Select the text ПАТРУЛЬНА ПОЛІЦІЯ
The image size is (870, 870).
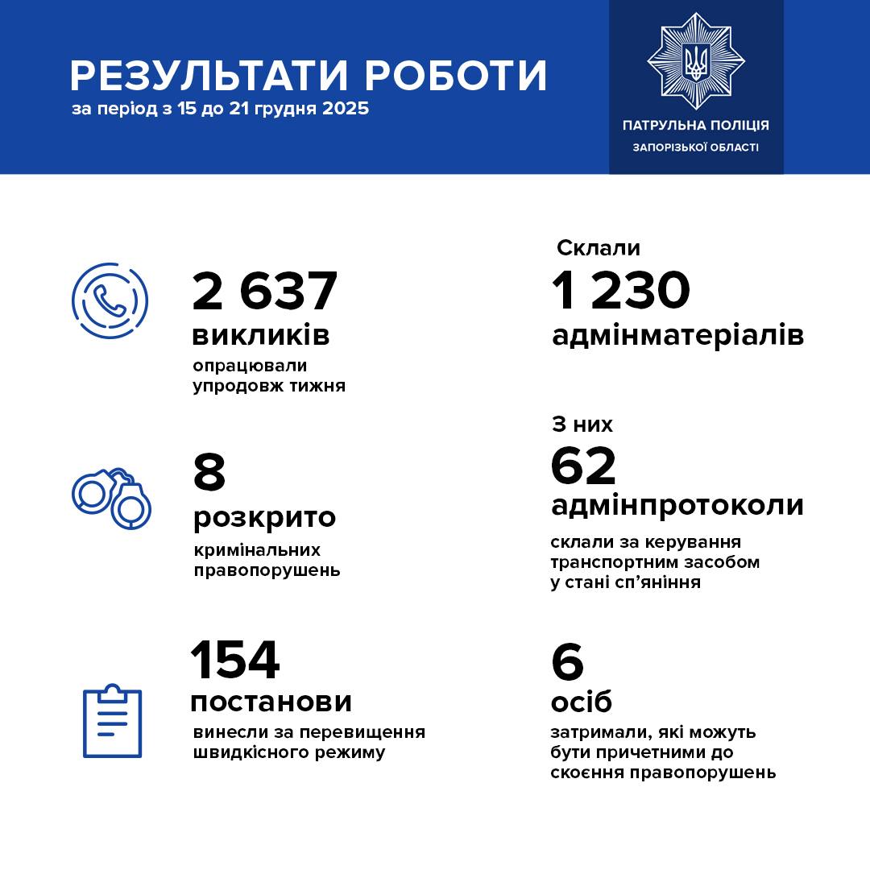pyautogui.click(x=696, y=125)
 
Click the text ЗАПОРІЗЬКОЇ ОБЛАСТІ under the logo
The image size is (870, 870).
pyautogui.click(x=696, y=147)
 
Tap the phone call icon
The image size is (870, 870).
pyautogui.click(x=110, y=300)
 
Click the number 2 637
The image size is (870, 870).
pyautogui.click(x=264, y=291)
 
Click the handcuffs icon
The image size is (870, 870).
pyautogui.click(x=112, y=496)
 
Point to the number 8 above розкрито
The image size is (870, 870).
pyautogui.click(x=209, y=472)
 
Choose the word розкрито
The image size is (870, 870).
pyautogui.click(x=264, y=516)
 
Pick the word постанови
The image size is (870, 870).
pyautogui.click(x=271, y=701)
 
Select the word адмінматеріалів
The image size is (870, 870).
pyautogui.click(x=677, y=335)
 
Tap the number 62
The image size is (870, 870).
pyautogui.click(x=583, y=466)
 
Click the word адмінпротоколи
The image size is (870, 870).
pyautogui.click(x=677, y=505)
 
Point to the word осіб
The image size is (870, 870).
pyautogui.click(x=581, y=702)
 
